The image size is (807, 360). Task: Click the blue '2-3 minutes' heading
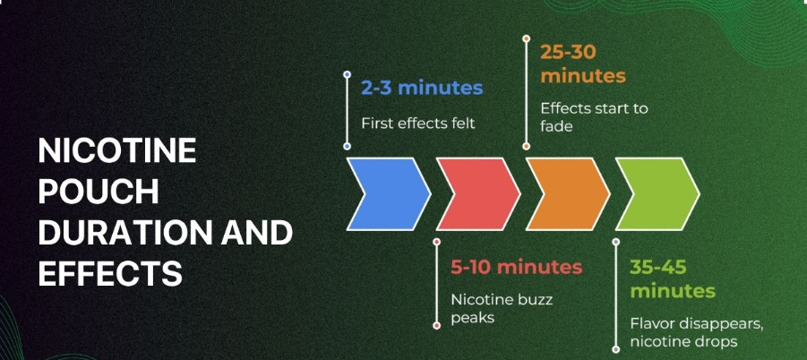(x=422, y=88)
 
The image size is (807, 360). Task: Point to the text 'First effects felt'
(x=418, y=124)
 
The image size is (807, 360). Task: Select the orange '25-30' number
(x=568, y=52)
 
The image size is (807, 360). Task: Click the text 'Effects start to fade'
(x=594, y=116)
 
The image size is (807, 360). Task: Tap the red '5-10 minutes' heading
(x=516, y=267)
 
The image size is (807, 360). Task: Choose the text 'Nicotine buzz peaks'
(x=502, y=308)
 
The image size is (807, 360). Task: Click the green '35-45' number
(x=658, y=267)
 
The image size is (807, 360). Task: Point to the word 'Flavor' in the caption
(x=648, y=324)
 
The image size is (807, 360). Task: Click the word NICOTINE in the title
(x=117, y=150)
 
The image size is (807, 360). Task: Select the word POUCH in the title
(x=99, y=192)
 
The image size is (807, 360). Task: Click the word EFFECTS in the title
(x=110, y=273)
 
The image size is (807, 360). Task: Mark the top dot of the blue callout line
(x=347, y=74)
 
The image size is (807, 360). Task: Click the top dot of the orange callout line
(x=526, y=39)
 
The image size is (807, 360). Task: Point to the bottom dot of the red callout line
(x=437, y=326)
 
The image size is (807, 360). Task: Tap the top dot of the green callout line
(x=616, y=241)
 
